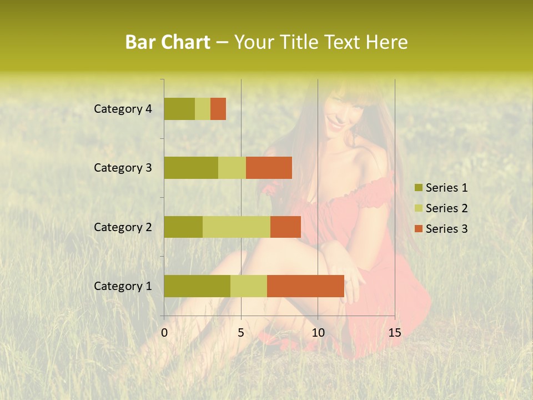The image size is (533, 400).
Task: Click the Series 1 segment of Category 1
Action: point(197,286)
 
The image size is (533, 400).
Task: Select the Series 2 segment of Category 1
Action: point(249,286)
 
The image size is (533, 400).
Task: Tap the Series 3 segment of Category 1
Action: point(305,286)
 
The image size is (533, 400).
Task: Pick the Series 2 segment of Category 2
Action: point(237,227)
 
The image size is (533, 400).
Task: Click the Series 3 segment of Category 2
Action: point(285,227)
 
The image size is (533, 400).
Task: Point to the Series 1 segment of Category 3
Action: point(191,168)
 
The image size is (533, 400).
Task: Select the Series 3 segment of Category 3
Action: point(269,168)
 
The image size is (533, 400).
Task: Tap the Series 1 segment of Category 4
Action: point(179,109)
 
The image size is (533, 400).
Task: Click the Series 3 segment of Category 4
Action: point(218,109)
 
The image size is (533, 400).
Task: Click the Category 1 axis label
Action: point(123,286)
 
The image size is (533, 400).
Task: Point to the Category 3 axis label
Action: point(123,168)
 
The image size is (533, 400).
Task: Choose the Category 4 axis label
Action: point(123,109)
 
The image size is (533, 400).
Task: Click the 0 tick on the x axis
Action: point(164,333)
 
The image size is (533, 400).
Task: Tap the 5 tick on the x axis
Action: point(241,333)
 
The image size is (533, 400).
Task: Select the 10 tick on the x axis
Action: point(318,333)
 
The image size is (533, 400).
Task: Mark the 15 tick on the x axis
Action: point(394,333)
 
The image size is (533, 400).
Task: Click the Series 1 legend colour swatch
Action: point(418,188)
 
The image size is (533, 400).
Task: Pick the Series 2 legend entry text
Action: point(446,208)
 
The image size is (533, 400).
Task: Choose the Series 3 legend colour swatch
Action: point(418,229)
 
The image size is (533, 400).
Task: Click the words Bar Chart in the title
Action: point(168,42)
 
